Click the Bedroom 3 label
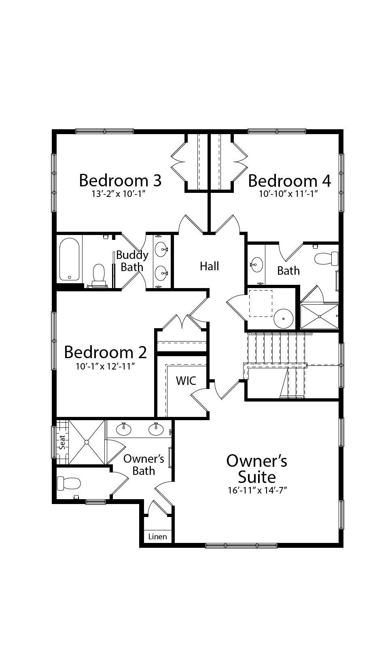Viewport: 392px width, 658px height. click(x=120, y=180)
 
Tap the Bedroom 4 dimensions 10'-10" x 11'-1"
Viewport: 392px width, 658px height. click(x=289, y=194)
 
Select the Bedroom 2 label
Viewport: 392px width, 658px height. click(x=105, y=352)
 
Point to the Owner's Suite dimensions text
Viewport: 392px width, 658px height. click(x=257, y=491)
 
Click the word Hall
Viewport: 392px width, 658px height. click(x=209, y=266)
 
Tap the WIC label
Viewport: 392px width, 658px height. click(x=186, y=381)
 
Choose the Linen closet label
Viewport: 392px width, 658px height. click(x=157, y=537)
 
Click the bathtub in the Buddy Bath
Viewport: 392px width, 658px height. click(x=69, y=259)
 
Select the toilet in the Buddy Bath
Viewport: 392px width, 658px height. click(x=99, y=276)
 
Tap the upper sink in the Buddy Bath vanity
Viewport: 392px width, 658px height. click(x=161, y=250)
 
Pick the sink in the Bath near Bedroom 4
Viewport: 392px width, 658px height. click(x=256, y=265)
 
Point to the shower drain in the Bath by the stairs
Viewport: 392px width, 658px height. click(x=320, y=316)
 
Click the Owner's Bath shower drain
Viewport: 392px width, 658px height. click(x=87, y=442)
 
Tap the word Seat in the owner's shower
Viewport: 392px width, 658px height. click(x=62, y=442)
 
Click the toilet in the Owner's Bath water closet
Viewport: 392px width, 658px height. click(x=69, y=483)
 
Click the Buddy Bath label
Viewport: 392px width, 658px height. click(x=132, y=261)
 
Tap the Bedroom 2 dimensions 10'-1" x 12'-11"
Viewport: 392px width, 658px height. click(x=105, y=367)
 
